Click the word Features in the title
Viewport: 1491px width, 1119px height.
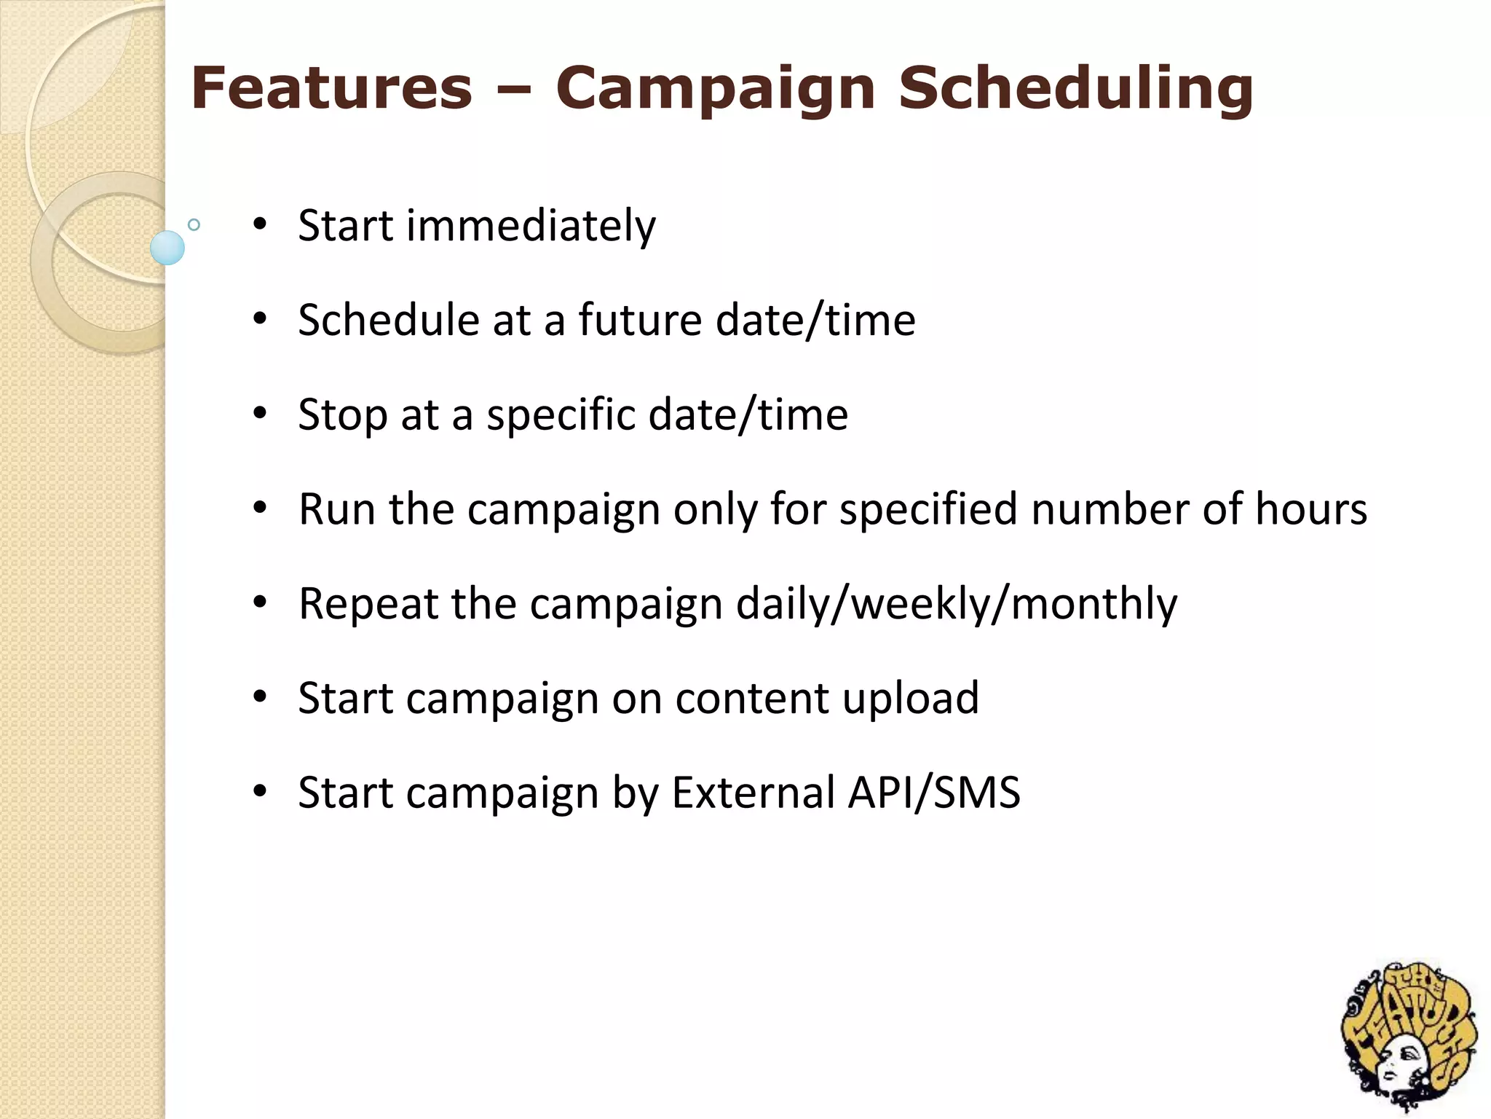[x=332, y=88]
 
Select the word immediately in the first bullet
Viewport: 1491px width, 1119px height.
[x=531, y=225]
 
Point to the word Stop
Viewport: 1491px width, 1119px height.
[x=342, y=415]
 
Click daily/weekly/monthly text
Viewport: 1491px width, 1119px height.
[x=956, y=605]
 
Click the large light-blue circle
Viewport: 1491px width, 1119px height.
[x=167, y=248]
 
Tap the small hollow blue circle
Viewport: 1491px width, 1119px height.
[x=194, y=224]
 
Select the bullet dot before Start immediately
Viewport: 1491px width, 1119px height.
[x=260, y=224]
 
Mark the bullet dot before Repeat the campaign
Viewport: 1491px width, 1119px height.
[x=260, y=602]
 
